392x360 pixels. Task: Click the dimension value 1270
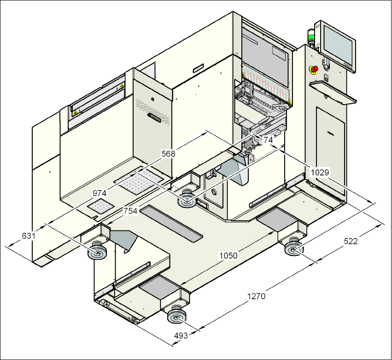(x=257, y=296)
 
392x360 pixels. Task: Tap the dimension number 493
(x=181, y=336)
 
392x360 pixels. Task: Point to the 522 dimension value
(x=351, y=241)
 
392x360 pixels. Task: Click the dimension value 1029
(x=320, y=172)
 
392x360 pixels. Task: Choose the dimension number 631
(x=29, y=236)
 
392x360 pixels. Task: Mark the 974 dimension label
(x=100, y=193)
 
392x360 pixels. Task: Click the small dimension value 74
(x=268, y=139)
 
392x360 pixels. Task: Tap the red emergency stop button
(x=313, y=70)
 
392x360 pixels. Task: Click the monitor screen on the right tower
(x=339, y=46)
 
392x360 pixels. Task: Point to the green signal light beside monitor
(x=310, y=37)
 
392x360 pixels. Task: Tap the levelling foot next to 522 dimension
(x=293, y=249)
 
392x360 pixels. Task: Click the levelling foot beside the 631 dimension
(x=97, y=253)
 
